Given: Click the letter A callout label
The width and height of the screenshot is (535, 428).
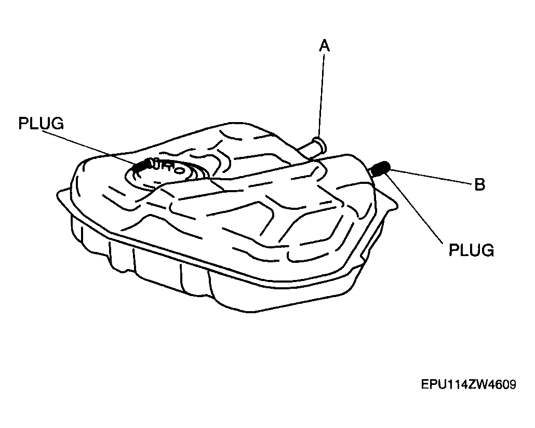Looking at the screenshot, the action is point(325,45).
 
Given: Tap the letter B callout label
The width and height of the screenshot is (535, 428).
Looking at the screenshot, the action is point(480,184).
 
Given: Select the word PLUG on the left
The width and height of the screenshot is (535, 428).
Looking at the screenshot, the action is point(41,123).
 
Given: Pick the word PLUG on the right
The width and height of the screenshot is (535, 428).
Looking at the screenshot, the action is point(471,250).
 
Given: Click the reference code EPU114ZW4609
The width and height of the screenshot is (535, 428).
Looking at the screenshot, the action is point(469,385).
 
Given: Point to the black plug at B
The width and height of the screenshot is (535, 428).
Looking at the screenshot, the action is point(380,169).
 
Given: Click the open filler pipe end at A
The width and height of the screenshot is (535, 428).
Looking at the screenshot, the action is point(320,144).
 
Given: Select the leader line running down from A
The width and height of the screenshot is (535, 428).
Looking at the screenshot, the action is point(321,95).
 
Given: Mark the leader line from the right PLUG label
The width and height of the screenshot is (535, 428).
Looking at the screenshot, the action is point(414,208).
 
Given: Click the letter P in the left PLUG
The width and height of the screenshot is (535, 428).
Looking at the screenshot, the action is point(23,123).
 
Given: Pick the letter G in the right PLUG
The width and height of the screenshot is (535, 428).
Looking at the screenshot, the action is point(488,250).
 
